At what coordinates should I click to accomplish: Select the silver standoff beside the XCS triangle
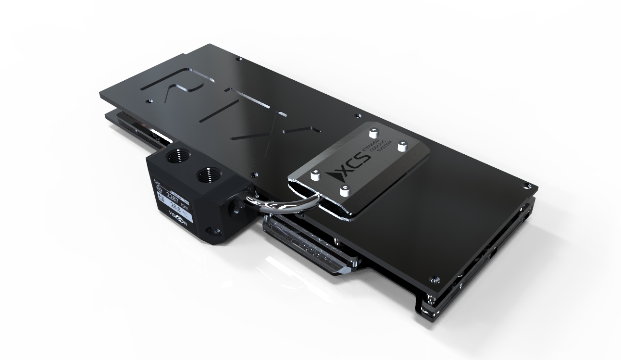345,191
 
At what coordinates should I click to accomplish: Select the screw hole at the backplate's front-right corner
434,279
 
